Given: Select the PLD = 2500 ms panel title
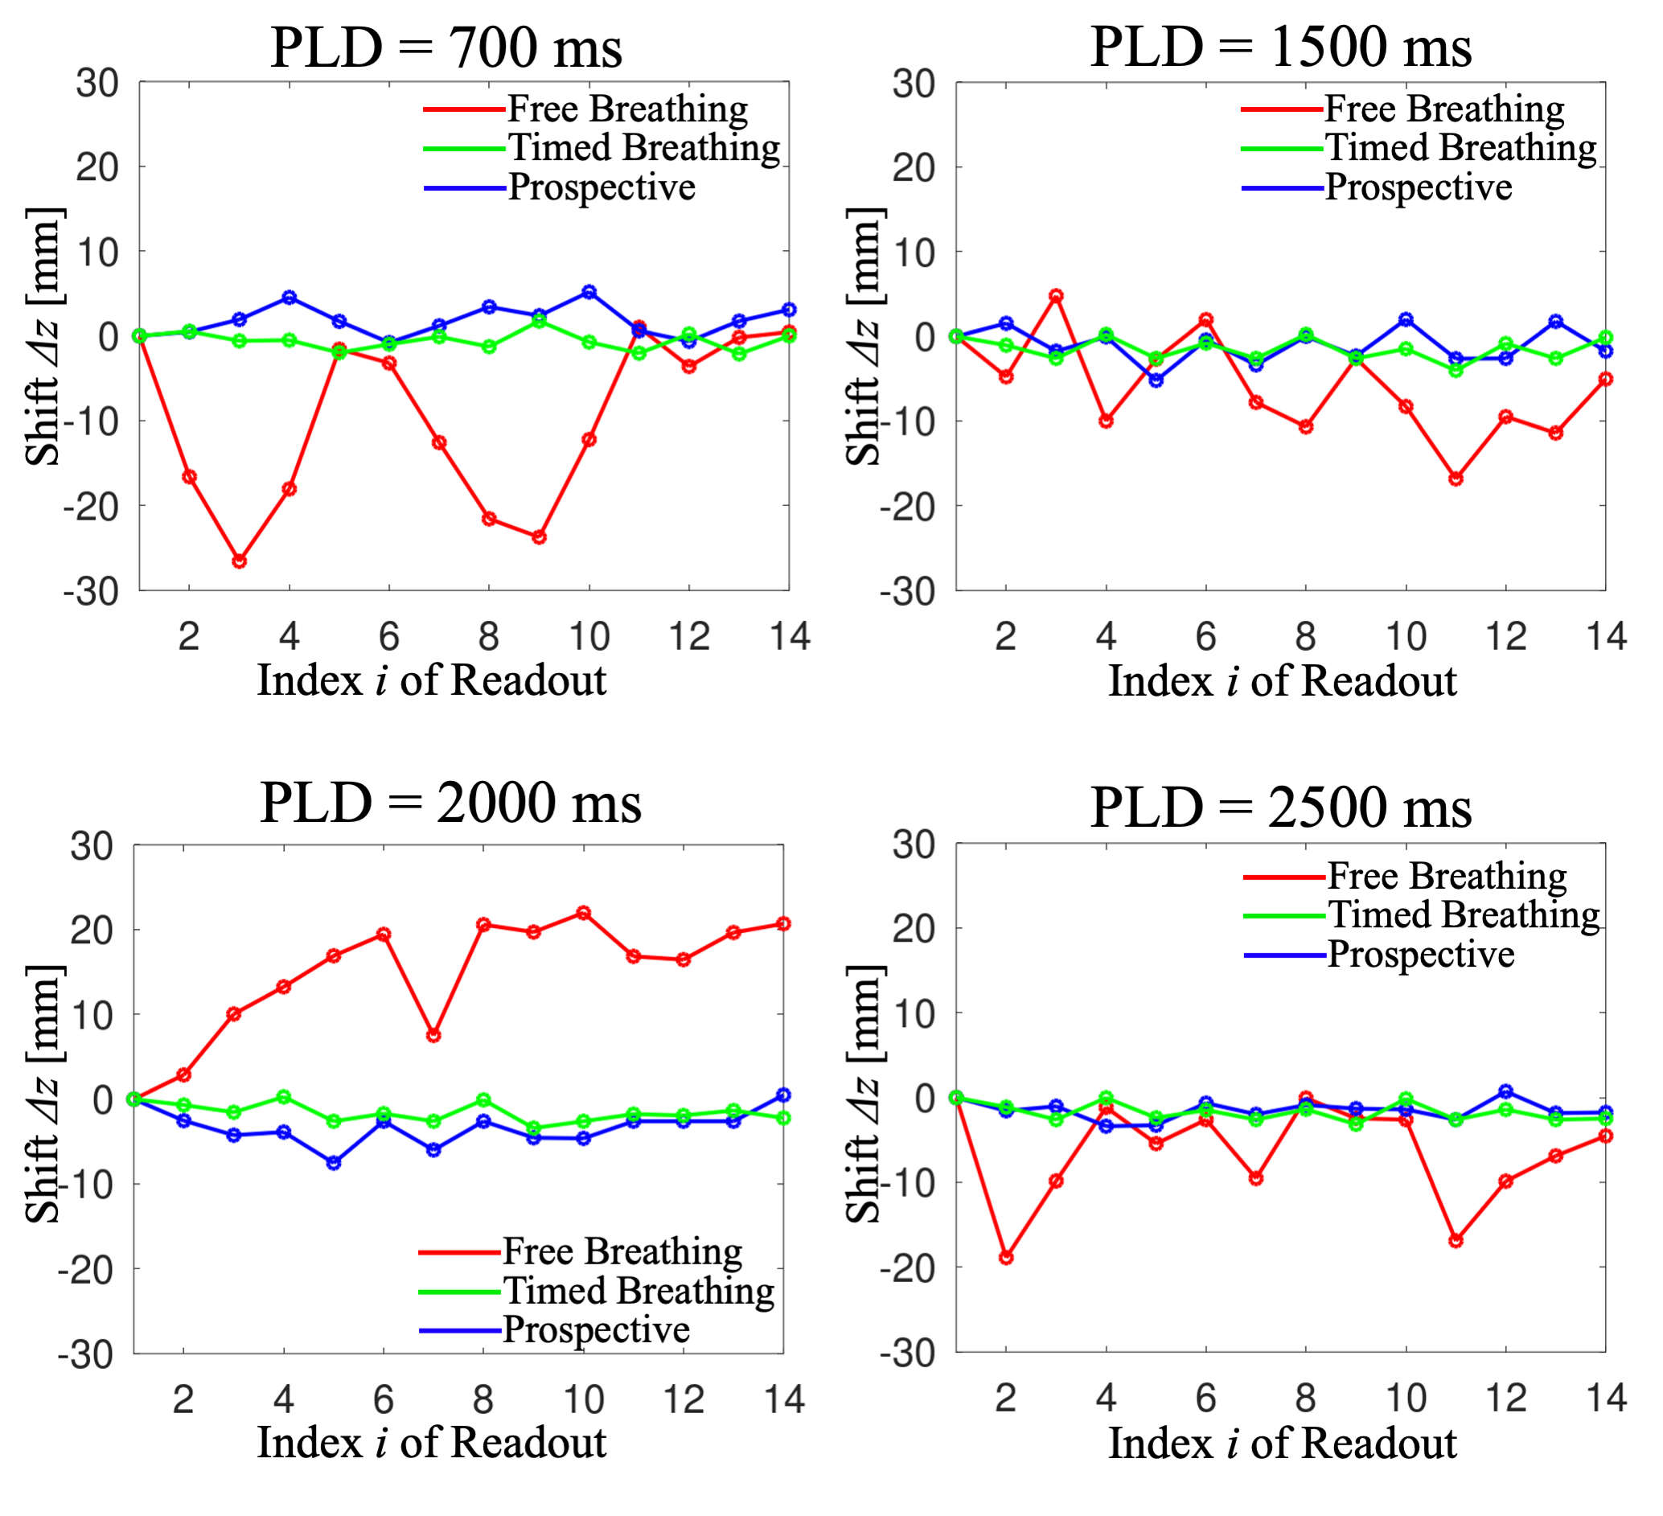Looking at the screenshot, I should coord(1280,808).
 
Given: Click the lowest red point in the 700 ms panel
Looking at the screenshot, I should coord(239,561).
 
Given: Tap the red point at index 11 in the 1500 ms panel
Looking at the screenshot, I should coord(1456,479).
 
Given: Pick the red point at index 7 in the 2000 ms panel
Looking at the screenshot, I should coord(434,1035).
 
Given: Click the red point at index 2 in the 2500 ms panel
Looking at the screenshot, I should coord(1006,1258).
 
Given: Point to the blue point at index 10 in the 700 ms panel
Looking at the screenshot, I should coord(589,292).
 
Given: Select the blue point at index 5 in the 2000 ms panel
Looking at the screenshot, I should coord(334,1163).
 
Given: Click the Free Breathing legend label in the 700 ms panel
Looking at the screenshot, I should coord(628,109).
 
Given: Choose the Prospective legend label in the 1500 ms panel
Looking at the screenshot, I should coord(1419,188).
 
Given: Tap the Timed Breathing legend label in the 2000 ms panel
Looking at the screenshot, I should coord(639,1291).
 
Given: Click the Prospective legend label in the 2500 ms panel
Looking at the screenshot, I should coord(1421,955).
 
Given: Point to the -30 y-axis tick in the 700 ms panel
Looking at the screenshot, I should coord(91,591).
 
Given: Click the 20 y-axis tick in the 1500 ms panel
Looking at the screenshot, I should coord(914,167).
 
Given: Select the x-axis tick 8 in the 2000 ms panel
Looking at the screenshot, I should coord(483,1400).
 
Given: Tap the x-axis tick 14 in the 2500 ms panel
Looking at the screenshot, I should coord(1606,1399).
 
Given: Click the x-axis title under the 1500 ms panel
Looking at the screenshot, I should coord(1282,681).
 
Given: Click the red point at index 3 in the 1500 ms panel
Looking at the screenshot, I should coord(1056,296).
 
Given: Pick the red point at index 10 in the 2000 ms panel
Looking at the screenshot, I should coord(583,913).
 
